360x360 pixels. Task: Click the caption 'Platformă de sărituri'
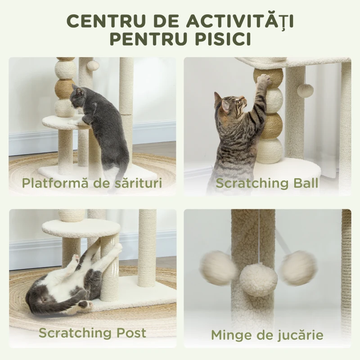click(x=93, y=183)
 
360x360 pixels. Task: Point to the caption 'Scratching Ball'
click(x=267, y=183)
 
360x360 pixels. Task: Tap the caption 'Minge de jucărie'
click(x=267, y=335)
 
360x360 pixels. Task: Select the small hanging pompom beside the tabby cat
click(x=305, y=90)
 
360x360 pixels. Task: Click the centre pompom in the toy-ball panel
click(x=258, y=279)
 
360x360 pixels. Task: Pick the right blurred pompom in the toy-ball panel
click(x=298, y=268)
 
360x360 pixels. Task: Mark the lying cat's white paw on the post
click(x=117, y=247)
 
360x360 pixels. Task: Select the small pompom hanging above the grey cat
click(x=93, y=66)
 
